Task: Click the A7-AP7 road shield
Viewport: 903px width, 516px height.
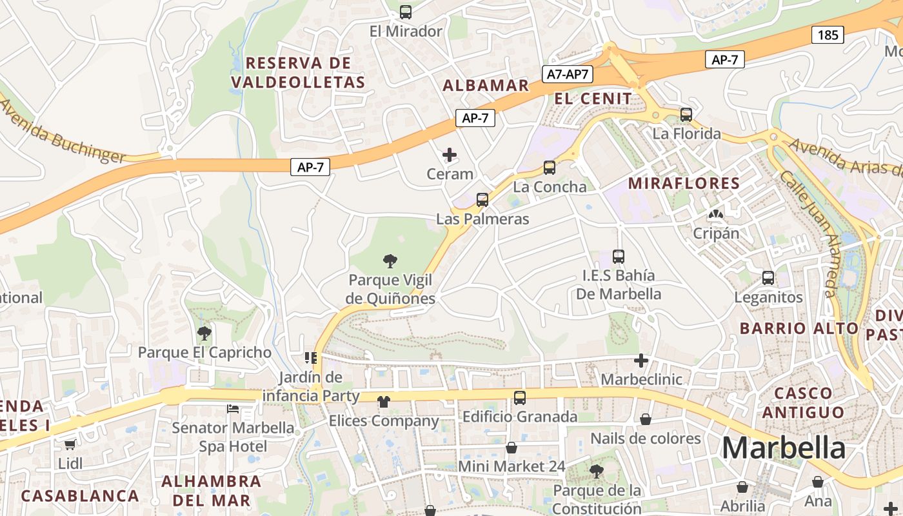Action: pyautogui.click(x=568, y=74)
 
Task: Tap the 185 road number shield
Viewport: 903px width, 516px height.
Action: pyautogui.click(x=828, y=35)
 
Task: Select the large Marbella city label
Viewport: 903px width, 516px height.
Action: pyautogui.click(x=783, y=448)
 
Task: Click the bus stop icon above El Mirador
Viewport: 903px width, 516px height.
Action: pyautogui.click(x=406, y=12)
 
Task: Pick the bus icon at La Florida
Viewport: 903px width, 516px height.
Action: pyautogui.click(x=686, y=115)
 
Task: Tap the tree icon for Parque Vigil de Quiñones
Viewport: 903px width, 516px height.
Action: pyautogui.click(x=390, y=261)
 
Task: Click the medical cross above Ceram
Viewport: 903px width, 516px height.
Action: pyautogui.click(x=450, y=155)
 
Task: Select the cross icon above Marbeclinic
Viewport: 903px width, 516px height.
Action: pyautogui.click(x=640, y=361)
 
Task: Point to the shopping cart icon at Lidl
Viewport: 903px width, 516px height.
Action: pyautogui.click(x=70, y=444)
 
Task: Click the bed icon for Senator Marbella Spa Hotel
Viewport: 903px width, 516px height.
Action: pyautogui.click(x=233, y=409)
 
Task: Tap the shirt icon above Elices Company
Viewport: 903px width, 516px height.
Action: pyautogui.click(x=384, y=402)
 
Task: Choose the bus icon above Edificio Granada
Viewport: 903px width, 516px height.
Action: pyautogui.click(x=520, y=398)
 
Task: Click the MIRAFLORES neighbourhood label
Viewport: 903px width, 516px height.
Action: pyautogui.click(x=684, y=183)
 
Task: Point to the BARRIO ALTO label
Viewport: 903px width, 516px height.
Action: pyautogui.click(x=799, y=328)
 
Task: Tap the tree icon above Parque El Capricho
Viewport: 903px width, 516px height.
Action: pyautogui.click(x=204, y=333)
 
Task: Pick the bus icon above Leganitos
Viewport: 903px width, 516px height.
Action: pyautogui.click(x=768, y=278)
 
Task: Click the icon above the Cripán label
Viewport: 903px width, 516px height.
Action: pyautogui.click(x=716, y=214)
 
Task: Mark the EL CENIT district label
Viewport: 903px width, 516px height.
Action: pyautogui.click(x=593, y=99)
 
